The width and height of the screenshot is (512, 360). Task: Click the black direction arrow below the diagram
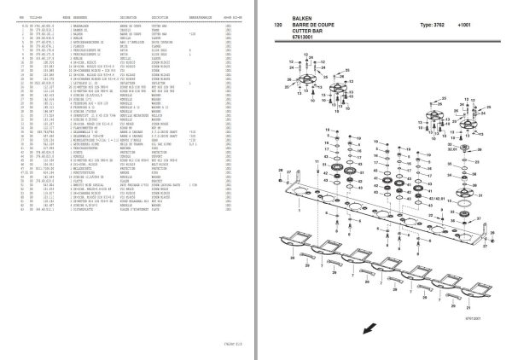pos(297,328)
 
